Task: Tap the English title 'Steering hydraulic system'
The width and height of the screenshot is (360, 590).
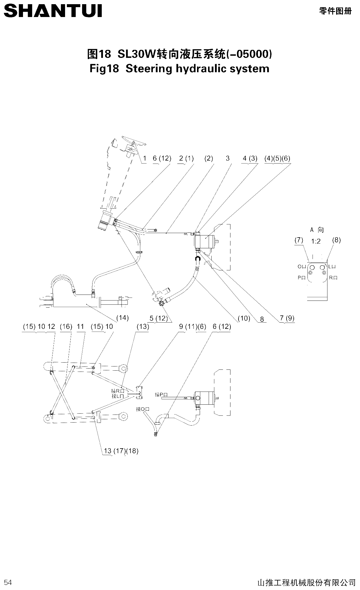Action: pyautogui.click(x=197, y=69)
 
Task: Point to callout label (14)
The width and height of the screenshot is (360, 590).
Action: pyautogui.click(x=122, y=318)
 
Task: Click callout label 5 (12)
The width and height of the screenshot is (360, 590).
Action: pyautogui.click(x=159, y=318)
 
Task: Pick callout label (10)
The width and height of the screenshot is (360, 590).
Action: pyautogui.click(x=244, y=318)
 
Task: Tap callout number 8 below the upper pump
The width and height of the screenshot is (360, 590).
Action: pyautogui.click(x=262, y=319)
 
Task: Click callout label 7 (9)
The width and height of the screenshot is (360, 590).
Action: pyautogui.click(x=287, y=318)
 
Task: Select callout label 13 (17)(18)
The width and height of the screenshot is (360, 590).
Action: pyautogui.click(x=121, y=451)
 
